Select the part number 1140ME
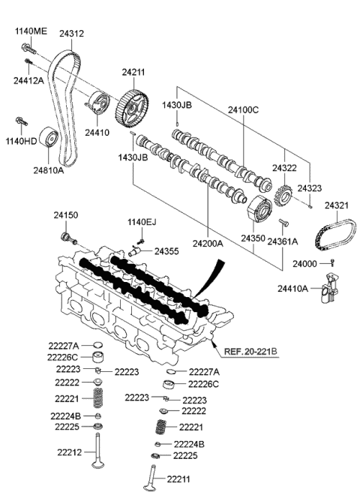click(30, 31)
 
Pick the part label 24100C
click(244, 110)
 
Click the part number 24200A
click(207, 243)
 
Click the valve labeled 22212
click(97, 457)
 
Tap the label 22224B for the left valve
click(65, 415)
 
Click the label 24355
click(166, 251)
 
